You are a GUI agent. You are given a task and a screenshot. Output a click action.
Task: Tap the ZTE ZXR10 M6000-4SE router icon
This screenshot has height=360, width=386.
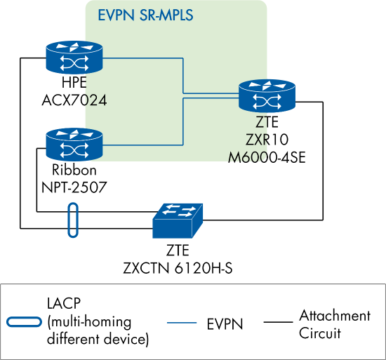267,96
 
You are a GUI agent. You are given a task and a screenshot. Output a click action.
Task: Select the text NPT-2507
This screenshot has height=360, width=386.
74,185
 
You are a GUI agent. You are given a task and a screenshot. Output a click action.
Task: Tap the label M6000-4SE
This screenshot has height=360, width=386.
267,156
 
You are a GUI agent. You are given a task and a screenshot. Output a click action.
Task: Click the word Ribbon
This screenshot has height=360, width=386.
74,171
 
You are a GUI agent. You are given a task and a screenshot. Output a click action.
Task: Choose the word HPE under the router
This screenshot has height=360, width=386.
74,84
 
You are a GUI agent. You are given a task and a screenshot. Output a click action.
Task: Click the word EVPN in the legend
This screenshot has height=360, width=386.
225,324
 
